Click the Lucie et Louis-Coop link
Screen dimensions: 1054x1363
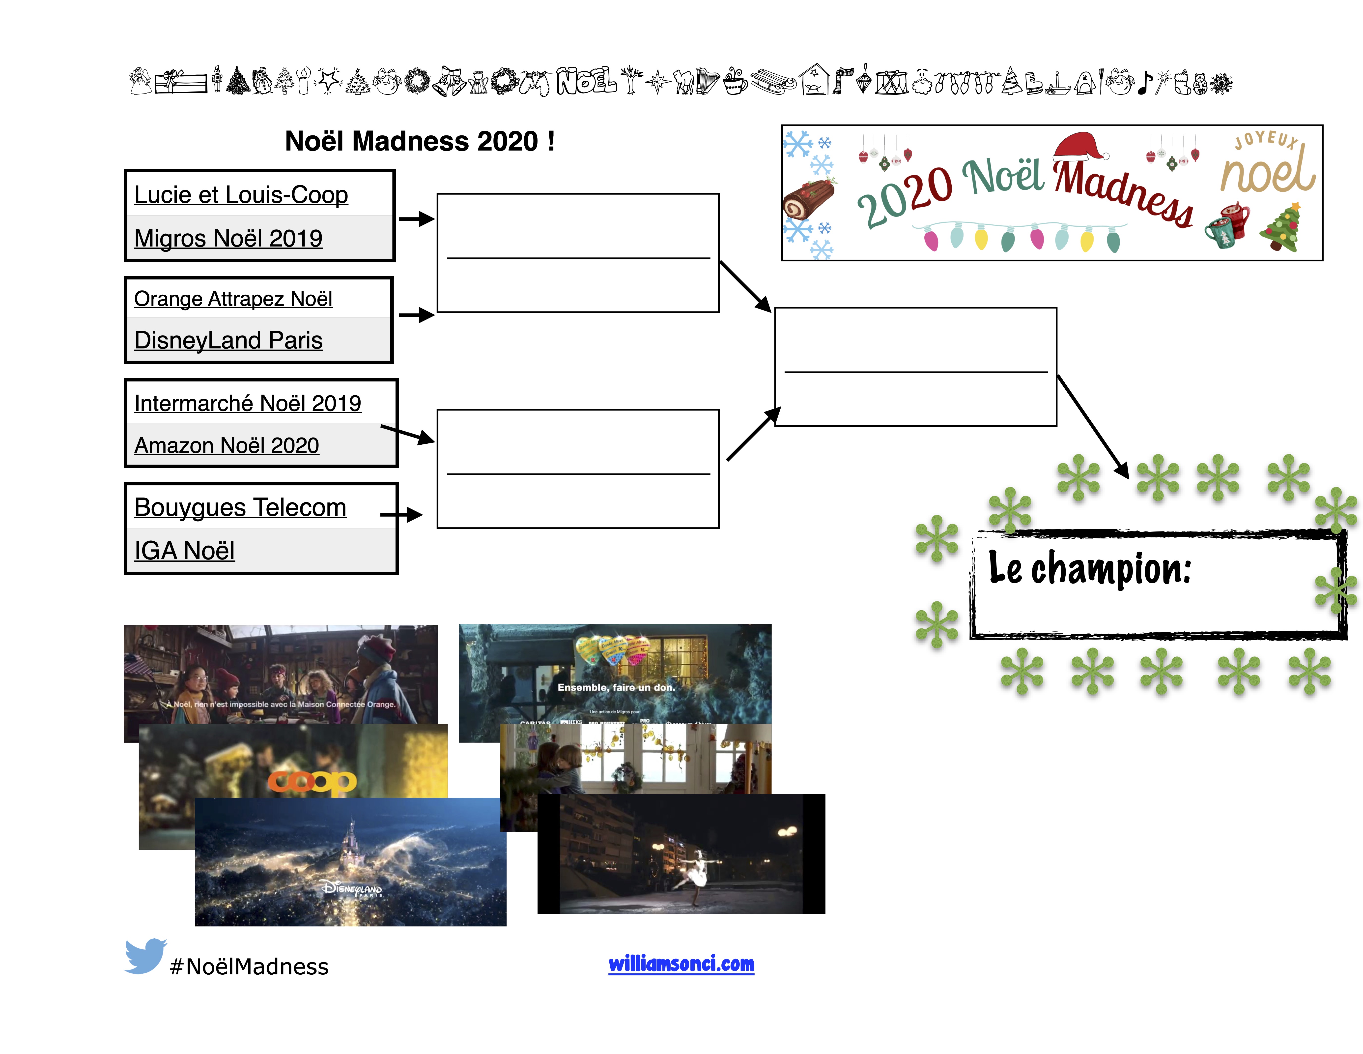tap(241, 195)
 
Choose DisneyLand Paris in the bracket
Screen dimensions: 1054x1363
tap(228, 340)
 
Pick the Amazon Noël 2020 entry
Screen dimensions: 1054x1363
tap(227, 445)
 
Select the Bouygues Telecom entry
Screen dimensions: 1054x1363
tap(240, 507)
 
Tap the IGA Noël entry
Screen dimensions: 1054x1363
tap(185, 551)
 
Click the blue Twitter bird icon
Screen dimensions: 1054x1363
tap(145, 955)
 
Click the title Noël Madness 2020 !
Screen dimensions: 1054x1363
tap(419, 141)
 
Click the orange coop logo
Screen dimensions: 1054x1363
tap(312, 781)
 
